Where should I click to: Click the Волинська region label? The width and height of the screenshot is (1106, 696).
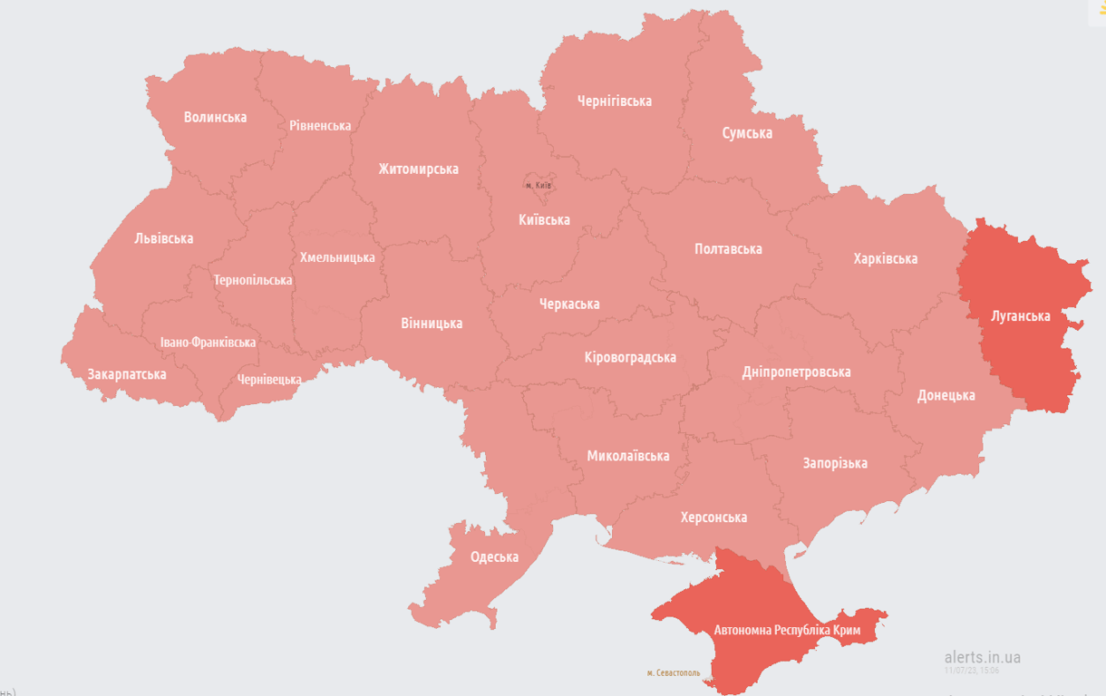pyautogui.click(x=215, y=117)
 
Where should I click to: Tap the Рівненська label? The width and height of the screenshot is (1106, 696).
pyautogui.click(x=320, y=125)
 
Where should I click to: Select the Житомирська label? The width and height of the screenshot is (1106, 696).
pyautogui.click(x=418, y=169)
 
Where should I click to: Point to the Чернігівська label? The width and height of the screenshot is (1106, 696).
pyautogui.click(x=614, y=101)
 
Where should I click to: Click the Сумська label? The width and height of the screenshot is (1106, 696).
pyautogui.click(x=747, y=133)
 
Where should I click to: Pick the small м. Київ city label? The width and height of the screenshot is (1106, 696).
pyautogui.click(x=538, y=185)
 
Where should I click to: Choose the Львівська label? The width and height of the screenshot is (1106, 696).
pyautogui.click(x=163, y=238)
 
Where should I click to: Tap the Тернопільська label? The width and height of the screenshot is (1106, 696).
pyautogui.click(x=253, y=280)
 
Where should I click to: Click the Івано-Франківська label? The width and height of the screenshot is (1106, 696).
pyautogui.click(x=208, y=343)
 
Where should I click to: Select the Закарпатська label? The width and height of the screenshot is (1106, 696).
pyautogui.click(x=126, y=373)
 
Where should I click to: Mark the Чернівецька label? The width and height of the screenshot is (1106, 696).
pyautogui.click(x=269, y=379)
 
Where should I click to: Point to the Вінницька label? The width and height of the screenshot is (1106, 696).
pyautogui.click(x=432, y=323)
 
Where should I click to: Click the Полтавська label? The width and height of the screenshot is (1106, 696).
pyautogui.click(x=728, y=248)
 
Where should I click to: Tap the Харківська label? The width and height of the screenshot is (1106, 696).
pyautogui.click(x=885, y=258)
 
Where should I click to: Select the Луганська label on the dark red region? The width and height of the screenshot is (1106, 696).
pyautogui.click(x=1021, y=315)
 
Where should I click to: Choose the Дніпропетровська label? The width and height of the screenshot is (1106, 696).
pyautogui.click(x=796, y=372)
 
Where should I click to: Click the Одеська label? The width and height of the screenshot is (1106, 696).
pyautogui.click(x=494, y=556)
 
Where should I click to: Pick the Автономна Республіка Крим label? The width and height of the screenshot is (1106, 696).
pyautogui.click(x=787, y=629)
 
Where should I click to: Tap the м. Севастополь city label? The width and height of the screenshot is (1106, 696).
pyautogui.click(x=673, y=673)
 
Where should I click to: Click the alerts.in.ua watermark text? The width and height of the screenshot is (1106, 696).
pyautogui.click(x=982, y=657)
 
